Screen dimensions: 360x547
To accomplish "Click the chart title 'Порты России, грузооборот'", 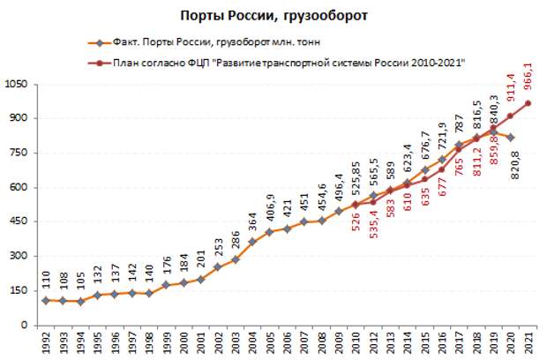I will pyautogui.click(x=273, y=14).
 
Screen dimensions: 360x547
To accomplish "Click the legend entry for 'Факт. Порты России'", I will pyautogui.click(x=203, y=42).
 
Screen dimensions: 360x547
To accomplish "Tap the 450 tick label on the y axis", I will pyautogui.click(x=23, y=222).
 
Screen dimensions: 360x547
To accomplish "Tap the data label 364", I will pyautogui.click(x=252, y=218).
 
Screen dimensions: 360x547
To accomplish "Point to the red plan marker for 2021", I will pyautogui.click(x=528, y=103).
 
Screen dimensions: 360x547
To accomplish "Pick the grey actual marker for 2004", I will pyautogui.click(x=252, y=242).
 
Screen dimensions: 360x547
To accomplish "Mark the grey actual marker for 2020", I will pyautogui.click(x=512, y=137).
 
